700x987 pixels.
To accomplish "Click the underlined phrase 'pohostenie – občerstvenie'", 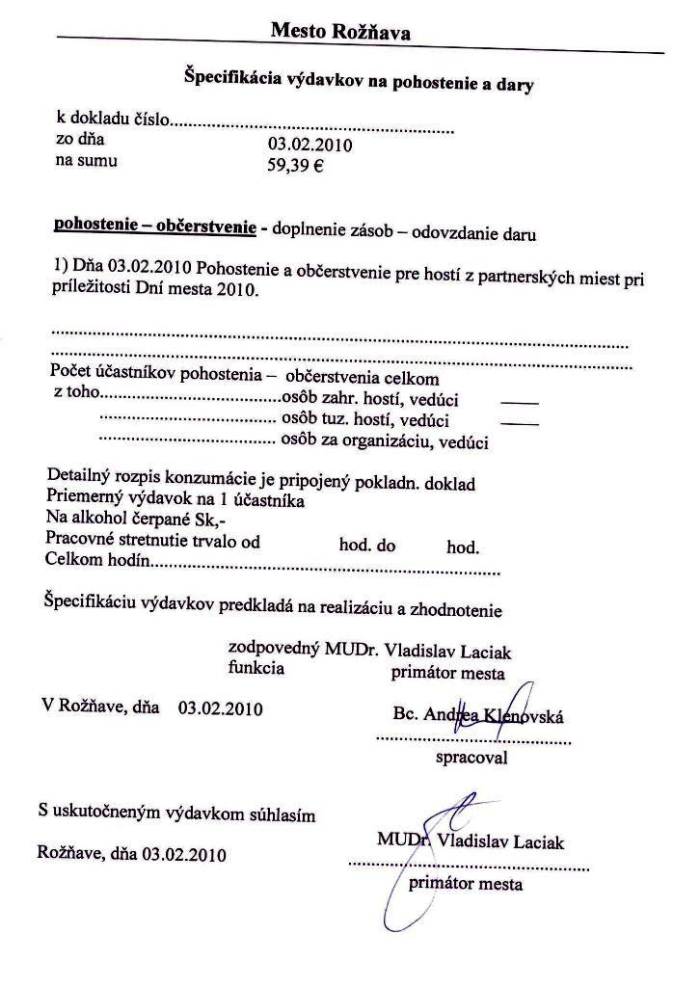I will point(154,227).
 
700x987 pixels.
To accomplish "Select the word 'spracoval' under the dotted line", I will point(471,758).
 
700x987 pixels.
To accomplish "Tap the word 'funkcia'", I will point(256,668).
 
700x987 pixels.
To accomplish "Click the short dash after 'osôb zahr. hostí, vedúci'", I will point(520,400).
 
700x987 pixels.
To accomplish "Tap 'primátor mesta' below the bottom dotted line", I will point(466,884).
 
